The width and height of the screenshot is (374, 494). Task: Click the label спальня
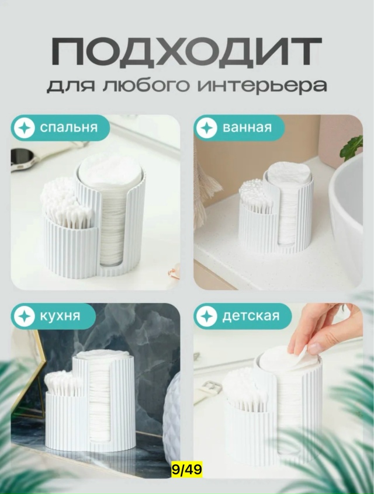[x=69, y=128]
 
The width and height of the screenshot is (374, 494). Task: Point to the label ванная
[x=247, y=128]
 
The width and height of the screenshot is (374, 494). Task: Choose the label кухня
[x=60, y=316]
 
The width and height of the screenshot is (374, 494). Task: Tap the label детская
[x=251, y=316]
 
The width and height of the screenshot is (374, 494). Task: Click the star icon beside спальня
[x=25, y=128]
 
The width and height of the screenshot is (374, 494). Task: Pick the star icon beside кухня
[x=25, y=316]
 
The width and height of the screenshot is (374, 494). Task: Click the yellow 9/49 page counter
[x=186, y=469]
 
